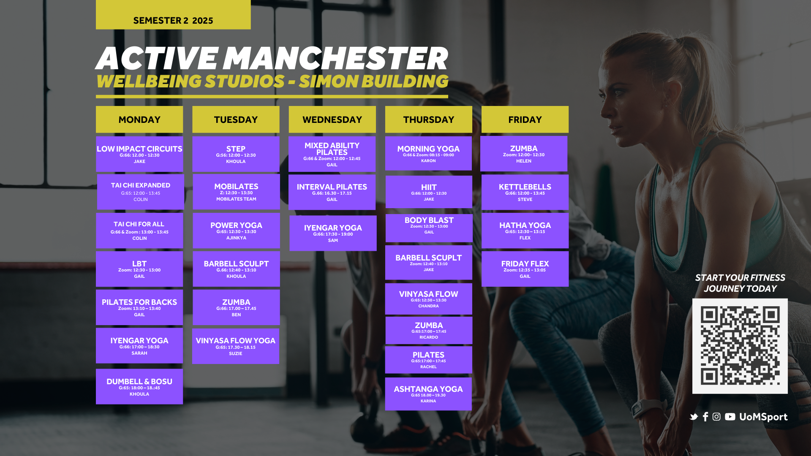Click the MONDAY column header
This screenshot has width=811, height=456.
click(x=139, y=119)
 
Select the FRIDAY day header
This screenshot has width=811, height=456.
click(x=525, y=119)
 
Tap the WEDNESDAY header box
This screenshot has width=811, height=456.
click(x=332, y=119)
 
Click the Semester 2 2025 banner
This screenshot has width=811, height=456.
click(x=173, y=15)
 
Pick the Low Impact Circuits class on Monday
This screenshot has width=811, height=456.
click(x=139, y=154)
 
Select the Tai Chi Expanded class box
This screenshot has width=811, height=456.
click(x=141, y=192)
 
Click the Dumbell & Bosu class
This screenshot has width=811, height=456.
click(x=139, y=387)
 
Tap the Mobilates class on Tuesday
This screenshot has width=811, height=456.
click(x=236, y=192)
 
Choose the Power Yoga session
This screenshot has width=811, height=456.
click(x=236, y=231)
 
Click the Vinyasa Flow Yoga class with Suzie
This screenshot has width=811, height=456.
click(x=236, y=346)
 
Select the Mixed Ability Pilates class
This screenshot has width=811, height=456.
click(x=332, y=154)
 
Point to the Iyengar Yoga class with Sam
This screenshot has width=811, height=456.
click(x=333, y=233)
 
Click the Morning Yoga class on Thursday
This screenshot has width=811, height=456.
click(x=428, y=153)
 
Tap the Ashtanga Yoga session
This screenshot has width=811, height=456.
click(x=428, y=394)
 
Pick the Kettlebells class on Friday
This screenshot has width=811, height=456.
click(x=525, y=192)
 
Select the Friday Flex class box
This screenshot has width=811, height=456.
click(x=525, y=269)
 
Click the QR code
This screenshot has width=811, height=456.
click(x=740, y=346)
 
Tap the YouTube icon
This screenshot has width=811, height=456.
click(x=730, y=417)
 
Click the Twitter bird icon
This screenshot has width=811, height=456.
click(x=694, y=417)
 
